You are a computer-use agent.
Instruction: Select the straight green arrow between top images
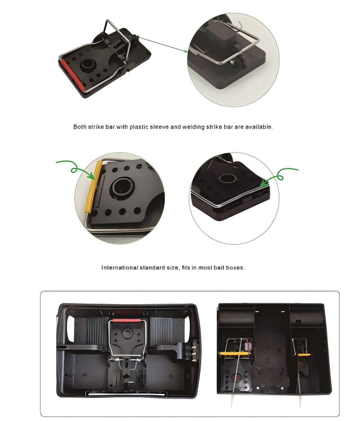coord(163,44)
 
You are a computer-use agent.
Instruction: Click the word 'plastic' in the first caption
coord(139,127)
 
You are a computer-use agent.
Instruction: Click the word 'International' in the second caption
coord(120,268)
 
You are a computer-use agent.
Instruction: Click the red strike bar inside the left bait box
coord(126,320)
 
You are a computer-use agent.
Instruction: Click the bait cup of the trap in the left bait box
coord(126,334)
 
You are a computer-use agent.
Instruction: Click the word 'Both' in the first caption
coord(80,127)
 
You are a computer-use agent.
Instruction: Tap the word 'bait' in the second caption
coord(219,268)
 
